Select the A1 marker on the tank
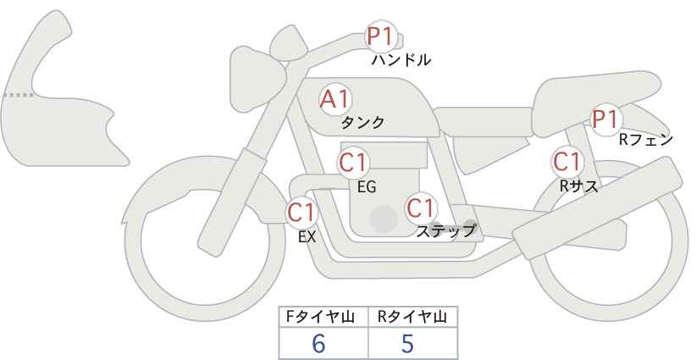coord(335,99)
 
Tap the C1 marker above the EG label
coord(353,163)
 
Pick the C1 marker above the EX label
coord(302,212)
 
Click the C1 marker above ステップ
coord(421,208)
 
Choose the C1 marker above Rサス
coord(567,162)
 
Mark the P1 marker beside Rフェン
coord(605,119)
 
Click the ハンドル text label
coord(401,59)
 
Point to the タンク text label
coord(362,122)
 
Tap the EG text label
coord(367,187)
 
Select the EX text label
coord(307,237)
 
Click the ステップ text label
coord(445,231)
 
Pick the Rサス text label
coord(578,187)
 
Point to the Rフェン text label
coord(646,141)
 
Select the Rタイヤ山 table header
coord(412,317)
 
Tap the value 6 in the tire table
coord(318,343)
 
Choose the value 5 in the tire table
coord(407,343)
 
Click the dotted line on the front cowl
coord(18,95)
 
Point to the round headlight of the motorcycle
coord(257,73)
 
